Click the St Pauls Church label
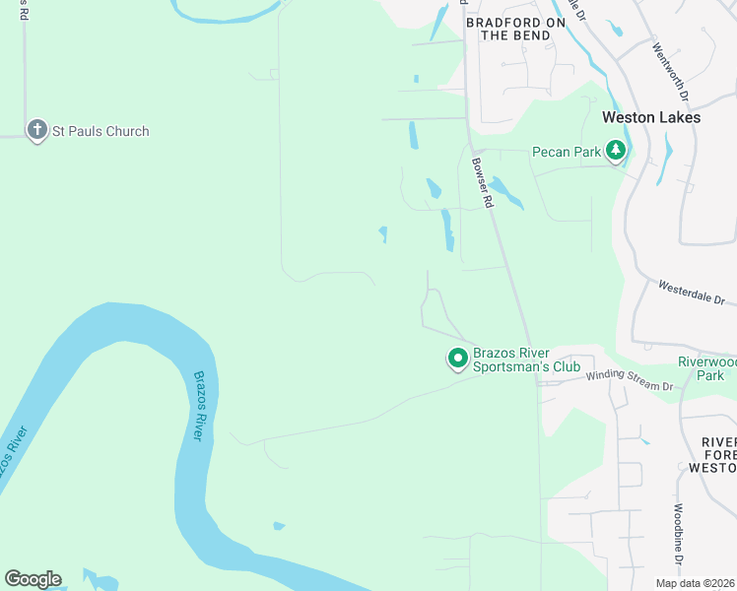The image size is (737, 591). (100, 131)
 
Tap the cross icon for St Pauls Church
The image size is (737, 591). (36, 129)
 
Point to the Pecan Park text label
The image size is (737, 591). (567, 152)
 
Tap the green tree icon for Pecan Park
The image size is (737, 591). (617, 151)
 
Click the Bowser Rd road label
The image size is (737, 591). (481, 182)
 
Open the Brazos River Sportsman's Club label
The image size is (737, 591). (512, 360)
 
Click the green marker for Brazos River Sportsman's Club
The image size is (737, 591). (457, 360)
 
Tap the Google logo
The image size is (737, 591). (33, 579)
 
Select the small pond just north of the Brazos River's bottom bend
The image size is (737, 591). (279, 526)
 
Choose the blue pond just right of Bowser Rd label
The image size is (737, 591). (506, 192)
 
